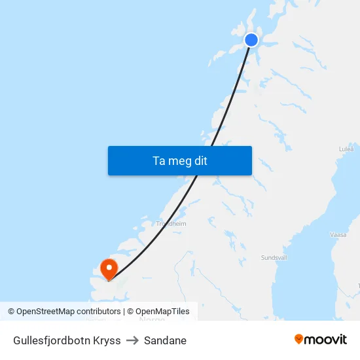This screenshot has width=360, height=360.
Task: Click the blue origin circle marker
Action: (x=251, y=40)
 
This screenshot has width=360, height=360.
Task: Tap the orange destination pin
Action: (x=108, y=268)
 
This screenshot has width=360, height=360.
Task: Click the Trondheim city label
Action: (x=171, y=223)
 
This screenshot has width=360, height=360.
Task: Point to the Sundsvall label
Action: (x=274, y=258)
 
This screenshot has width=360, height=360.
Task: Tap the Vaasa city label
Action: (x=338, y=234)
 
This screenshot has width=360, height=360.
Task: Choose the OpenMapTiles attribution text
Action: (x=162, y=312)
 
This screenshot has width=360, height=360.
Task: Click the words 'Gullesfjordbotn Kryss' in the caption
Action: (x=67, y=340)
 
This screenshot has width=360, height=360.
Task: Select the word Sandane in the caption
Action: (x=165, y=340)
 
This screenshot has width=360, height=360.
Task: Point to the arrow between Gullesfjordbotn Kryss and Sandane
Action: (x=132, y=340)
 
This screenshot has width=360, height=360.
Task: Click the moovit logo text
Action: (x=325, y=339)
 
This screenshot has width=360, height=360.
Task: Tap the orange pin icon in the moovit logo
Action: (x=299, y=339)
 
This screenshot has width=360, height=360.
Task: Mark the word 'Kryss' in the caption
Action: (x=107, y=340)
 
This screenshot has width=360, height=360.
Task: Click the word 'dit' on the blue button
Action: (x=200, y=160)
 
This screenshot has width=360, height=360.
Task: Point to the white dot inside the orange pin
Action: (x=108, y=266)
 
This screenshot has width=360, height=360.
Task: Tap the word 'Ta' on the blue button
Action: (x=159, y=160)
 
